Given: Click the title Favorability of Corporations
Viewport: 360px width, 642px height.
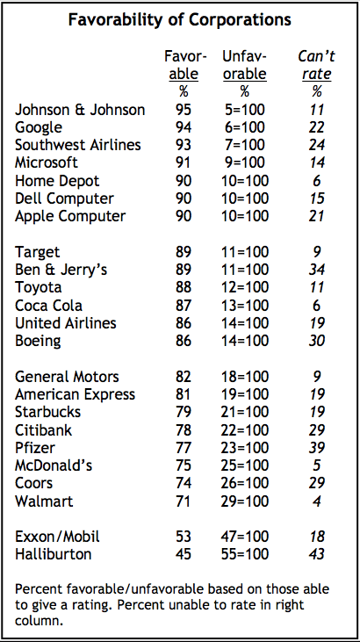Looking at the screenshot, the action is pyautogui.click(x=180, y=20).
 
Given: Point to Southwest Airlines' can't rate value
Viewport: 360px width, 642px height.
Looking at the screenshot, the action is pyautogui.click(x=317, y=145).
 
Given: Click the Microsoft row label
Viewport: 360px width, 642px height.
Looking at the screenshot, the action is pyautogui.click(x=47, y=162).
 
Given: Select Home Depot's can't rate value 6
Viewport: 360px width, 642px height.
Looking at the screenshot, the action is pyautogui.click(x=317, y=180).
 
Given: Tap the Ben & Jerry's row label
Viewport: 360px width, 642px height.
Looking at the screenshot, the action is pyautogui.click(x=61, y=270).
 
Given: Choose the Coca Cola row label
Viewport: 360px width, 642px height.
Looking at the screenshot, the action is pyautogui.click(x=49, y=305).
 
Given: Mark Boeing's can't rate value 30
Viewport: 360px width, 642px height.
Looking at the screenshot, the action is pyautogui.click(x=317, y=341).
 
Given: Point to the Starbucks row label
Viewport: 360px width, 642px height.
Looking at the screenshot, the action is pyautogui.click(x=49, y=412).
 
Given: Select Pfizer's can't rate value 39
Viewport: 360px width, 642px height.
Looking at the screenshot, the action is pyautogui.click(x=317, y=448).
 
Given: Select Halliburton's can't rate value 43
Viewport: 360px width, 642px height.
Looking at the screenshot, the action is pyautogui.click(x=317, y=554).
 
